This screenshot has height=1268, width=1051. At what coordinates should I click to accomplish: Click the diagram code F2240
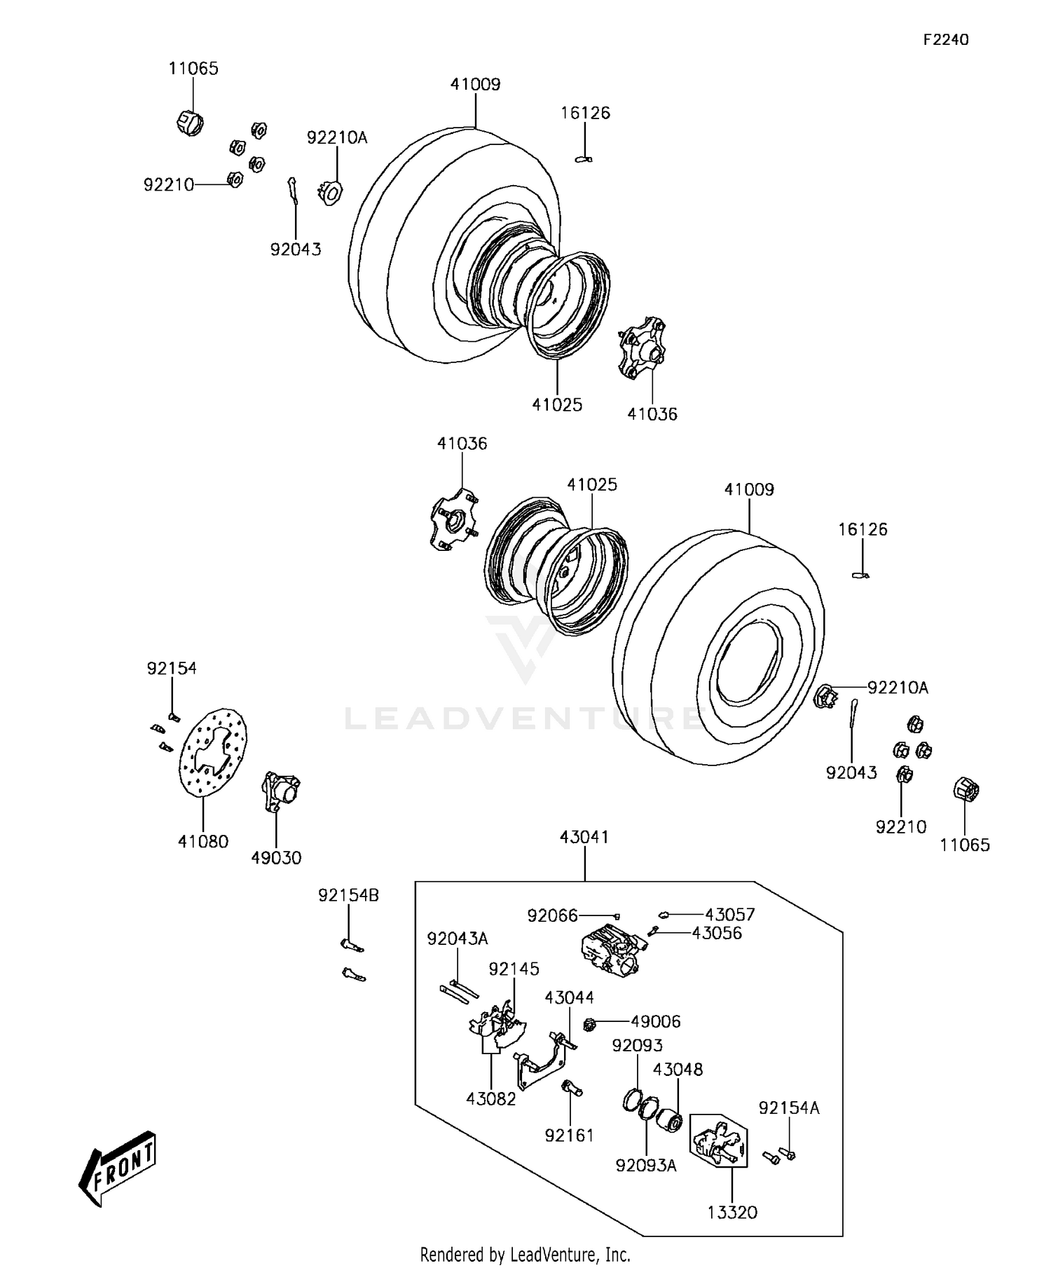(x=945, y=40)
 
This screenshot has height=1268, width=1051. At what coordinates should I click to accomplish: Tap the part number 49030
(x=276, y=858)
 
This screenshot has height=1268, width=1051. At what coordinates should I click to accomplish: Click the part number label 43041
(x=584, y=837)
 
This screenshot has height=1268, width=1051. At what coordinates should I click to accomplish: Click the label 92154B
(x=348, y=895)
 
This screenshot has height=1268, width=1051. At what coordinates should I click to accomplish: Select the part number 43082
(x=490, y=1099)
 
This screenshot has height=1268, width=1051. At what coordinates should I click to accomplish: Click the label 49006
(x=655, y=1021)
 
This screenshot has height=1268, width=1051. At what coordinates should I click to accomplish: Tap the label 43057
(x=729, y=914)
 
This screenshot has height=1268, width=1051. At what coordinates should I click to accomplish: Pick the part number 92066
(x=552, y=915)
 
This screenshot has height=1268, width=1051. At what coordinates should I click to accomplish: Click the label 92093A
(x=646, y=1165)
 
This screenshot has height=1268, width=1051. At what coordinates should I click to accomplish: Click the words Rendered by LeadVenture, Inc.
(x=525, y=1253)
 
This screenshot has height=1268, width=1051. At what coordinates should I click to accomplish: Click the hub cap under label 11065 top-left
(x=189, y=123)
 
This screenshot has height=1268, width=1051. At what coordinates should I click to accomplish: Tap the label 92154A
(x=789, y=1107)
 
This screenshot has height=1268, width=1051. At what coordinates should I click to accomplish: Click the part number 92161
(x=569, y=1135)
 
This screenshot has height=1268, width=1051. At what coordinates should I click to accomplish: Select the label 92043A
(x=457, y=939)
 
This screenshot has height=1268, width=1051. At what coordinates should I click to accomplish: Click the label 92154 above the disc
(x=172, y=668)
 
